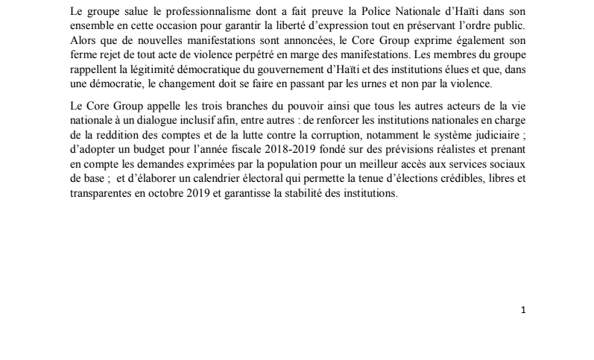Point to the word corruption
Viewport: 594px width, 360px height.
(x=312, y=139)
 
